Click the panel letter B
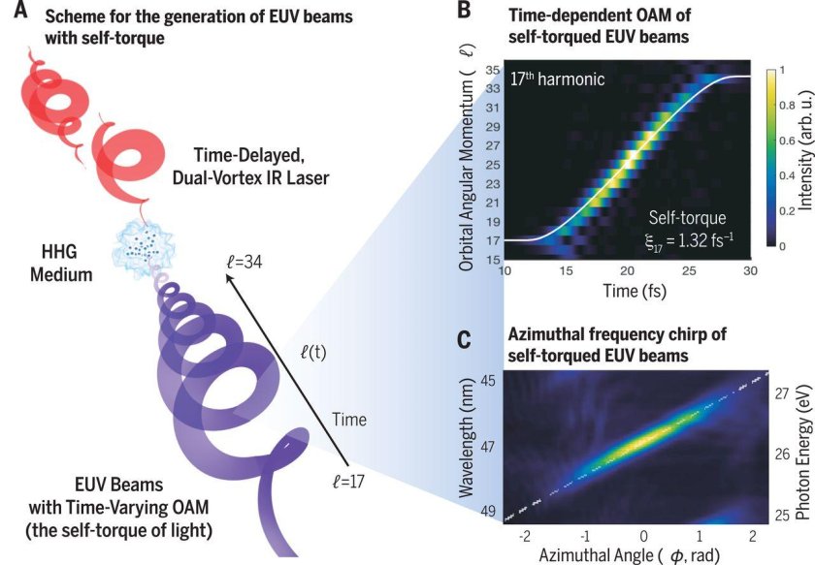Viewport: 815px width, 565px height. point(464,12)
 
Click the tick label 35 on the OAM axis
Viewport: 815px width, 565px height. point(493,70)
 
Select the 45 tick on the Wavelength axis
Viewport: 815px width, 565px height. point(490,380)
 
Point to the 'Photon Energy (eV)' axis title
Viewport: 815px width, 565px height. point(803,436)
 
